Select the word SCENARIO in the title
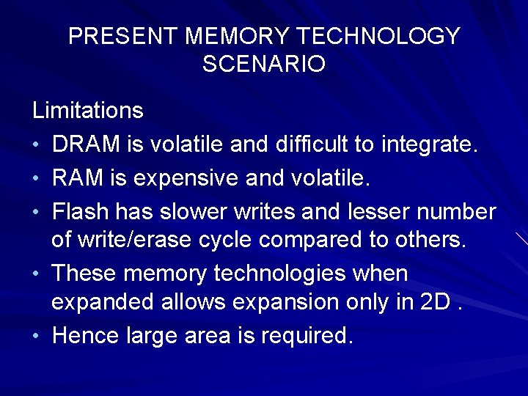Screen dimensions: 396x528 point(264,64)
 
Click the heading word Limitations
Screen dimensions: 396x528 point(88,111)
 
